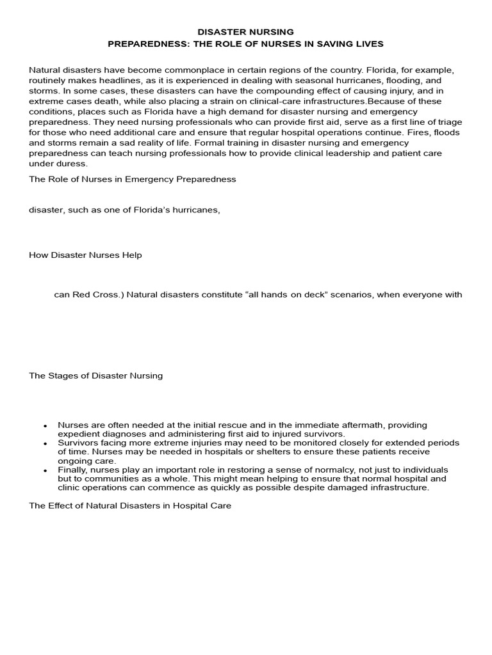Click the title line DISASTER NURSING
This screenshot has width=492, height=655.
coord(245,31)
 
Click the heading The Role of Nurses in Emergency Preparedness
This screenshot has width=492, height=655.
coord(133,179)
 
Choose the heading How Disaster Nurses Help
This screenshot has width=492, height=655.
coord(85,255)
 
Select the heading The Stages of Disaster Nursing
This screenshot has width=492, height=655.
coord(96,375)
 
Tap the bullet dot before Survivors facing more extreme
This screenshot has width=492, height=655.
coord(45,443)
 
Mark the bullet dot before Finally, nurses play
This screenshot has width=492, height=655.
coord(45,470)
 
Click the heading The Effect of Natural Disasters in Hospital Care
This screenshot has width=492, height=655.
coord(130,506)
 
